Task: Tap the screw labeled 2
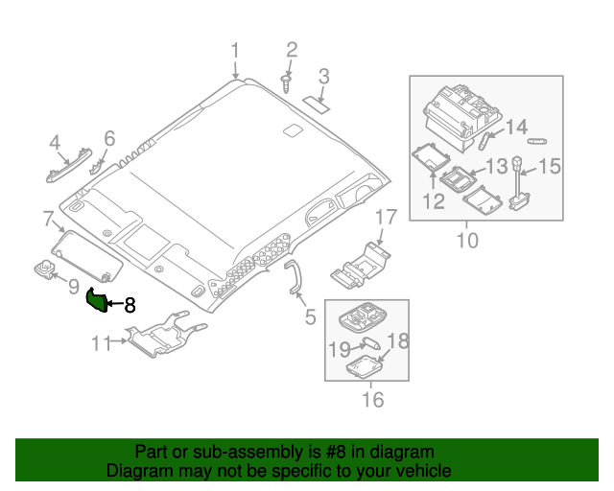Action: (x=286, y=81)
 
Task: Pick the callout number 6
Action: (x=109, y=139)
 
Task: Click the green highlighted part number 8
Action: (x=97, y=300)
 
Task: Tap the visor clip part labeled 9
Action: (x=45, y=270)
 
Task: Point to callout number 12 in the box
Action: (x=433, y=201)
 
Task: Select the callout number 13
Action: (x=496, y=167)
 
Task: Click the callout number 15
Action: (x=549, y=167)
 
